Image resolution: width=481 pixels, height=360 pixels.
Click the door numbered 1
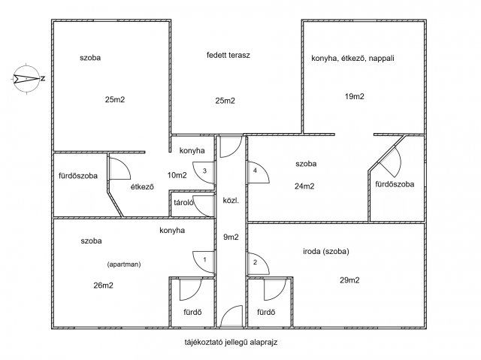click(x=204, y=262)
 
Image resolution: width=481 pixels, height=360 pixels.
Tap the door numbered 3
click(x=204, y=173)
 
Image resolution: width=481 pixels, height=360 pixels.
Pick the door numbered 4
click(x=259, y=172)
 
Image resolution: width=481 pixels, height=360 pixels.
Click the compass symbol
click(x=27, y=78)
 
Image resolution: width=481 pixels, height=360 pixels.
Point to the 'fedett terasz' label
click(x=228, y=55)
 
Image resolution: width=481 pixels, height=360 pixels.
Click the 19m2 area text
click(x=354, y=96)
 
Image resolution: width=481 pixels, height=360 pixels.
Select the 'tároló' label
click(x=183, y=202)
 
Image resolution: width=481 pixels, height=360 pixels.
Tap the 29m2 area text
click(x=349, y=280)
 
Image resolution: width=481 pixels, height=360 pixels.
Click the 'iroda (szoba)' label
click(x=326, y=252)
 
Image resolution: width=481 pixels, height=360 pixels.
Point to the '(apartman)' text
click(x=124, y=265)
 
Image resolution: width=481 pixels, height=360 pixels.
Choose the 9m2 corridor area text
click(x=231, y=237)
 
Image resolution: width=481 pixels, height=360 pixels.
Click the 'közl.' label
click(x=231, y=201)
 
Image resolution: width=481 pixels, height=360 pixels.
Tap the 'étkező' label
click(x=142, y=186)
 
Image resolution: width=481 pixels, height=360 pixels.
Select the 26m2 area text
click(x=103, y=286)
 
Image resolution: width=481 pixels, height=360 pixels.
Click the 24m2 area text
click(x=304, y=186)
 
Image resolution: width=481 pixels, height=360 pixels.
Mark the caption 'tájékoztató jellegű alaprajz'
click(x=231, y=342)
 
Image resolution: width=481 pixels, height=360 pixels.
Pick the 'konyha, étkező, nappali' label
click(x=352, y=59)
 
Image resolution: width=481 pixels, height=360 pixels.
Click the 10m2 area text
click(x=177, y=175)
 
